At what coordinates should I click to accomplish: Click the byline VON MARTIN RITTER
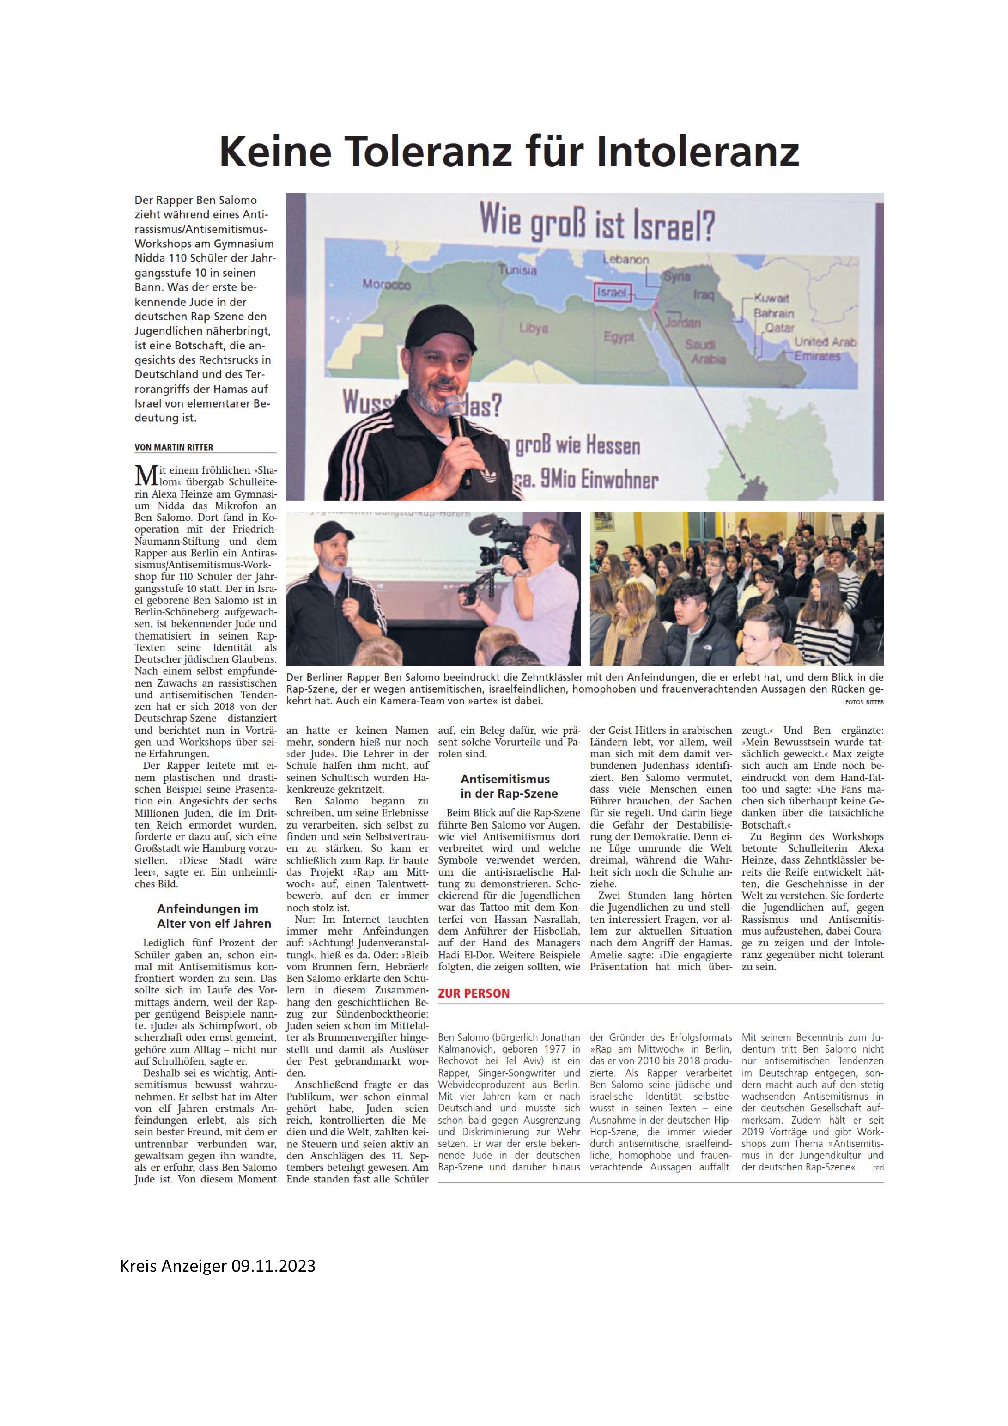[174, 447]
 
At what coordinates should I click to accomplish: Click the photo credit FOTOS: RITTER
[864, 702]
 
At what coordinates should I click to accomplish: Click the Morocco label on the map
[386, 285]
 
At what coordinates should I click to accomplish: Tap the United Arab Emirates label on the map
[825, 348]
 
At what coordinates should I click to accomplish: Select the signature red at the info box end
[878, 1168]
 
